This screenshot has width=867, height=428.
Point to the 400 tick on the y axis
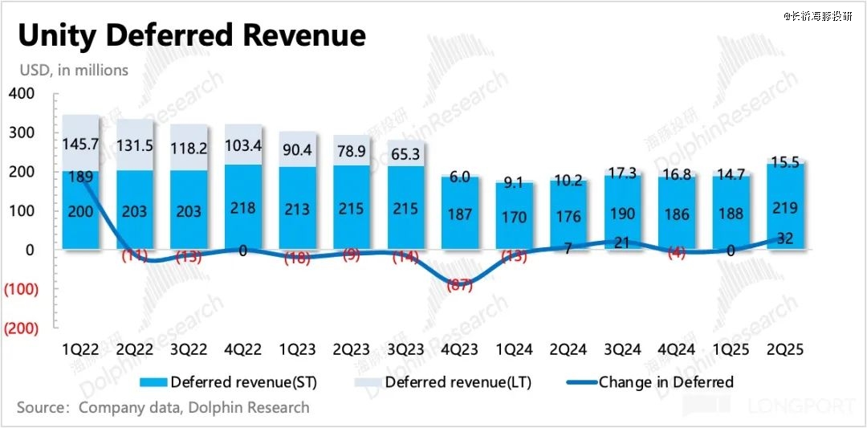[22, 94]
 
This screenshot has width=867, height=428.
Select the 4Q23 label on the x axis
[460, 350]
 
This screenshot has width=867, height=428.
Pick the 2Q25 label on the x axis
[785, 350]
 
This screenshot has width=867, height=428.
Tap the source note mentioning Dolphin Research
[163, 407]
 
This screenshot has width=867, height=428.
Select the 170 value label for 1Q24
[514, 217]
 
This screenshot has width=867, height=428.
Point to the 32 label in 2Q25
[785, 238]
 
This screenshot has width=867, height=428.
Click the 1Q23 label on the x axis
[297, 350]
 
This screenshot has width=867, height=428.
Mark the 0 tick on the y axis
[29, 250]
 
